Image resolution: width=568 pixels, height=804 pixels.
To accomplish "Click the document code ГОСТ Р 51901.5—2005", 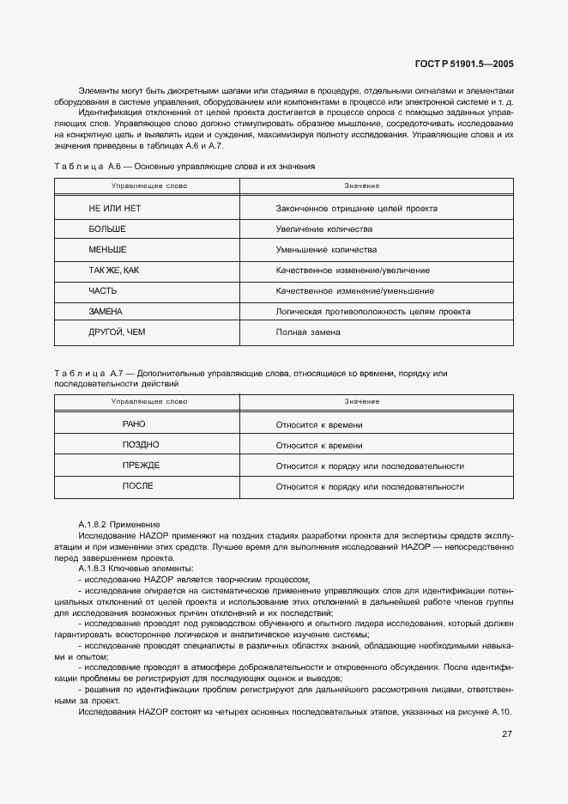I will tap(464, 64).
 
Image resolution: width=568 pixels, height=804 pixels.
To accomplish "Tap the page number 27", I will tap(507, 734).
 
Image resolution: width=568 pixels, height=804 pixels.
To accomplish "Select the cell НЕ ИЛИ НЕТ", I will tap(114, 209).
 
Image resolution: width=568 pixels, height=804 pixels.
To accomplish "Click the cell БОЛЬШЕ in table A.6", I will tap(107, 229).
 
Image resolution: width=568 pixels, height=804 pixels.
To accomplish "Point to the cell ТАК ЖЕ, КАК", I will tap(113, 271).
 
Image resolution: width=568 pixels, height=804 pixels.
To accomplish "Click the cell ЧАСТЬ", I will tap(103, 291).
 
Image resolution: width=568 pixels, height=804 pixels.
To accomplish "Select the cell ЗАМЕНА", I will tap(106, 311).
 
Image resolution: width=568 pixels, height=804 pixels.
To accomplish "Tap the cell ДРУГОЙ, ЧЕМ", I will tap(111, 332).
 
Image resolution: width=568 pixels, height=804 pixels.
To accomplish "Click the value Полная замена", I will tap(308, 332).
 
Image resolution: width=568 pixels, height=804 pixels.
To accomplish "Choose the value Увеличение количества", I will tap(323, 229).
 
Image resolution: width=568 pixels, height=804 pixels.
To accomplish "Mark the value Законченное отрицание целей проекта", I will tap(356, 209).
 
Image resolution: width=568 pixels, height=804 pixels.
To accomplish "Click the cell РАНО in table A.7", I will tap(135, 424).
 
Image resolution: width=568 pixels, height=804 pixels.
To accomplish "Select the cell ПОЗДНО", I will tap(141, 445).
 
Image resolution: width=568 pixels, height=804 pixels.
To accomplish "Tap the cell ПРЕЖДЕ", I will tap(141, 466).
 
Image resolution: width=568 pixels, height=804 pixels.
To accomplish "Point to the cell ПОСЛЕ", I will tap(138, 486).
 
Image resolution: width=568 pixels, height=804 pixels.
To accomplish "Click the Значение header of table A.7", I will tap(362, 402).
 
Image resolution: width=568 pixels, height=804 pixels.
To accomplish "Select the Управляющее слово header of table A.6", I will tap(149, 186).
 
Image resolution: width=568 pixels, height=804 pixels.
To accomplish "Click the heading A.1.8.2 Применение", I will tap(118, 524).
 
